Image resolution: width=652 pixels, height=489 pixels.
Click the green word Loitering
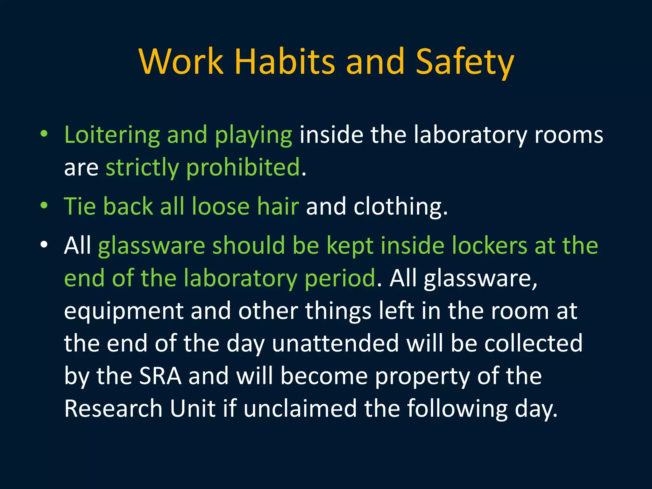(x=112, y=135)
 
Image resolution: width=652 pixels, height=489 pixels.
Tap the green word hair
(x=278, y=206)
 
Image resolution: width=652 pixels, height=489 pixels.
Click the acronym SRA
(x=160, y=376)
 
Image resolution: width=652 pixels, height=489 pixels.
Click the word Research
(x=113, y=409)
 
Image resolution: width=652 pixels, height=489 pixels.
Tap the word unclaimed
(x=300, y=409)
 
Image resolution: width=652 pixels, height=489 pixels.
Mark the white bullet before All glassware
(x=44, y=245)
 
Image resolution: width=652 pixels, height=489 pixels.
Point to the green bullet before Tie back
(x=44, y=206)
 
